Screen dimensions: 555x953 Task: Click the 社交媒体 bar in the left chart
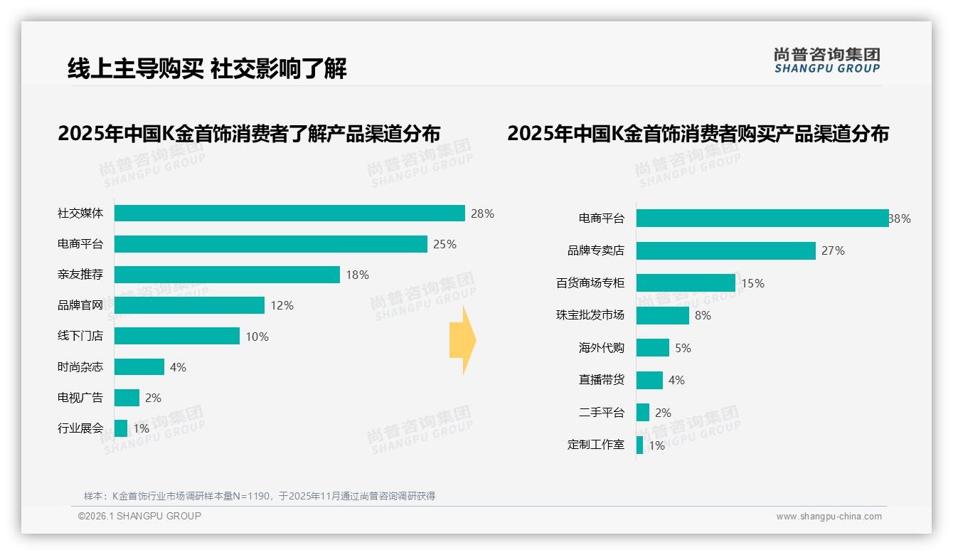[x=289, y=213]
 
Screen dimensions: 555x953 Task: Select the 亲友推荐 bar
[x=227, y=275]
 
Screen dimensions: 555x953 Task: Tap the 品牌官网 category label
[x=80, y=305]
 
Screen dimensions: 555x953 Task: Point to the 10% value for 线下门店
[x=257, y=337]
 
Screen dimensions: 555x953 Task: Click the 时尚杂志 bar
[x=139, y=367]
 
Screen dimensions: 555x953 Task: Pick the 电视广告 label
[x=80, y=398]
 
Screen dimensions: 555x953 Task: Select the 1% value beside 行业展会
[x=141, y=428]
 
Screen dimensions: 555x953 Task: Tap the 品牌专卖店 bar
[x=725, y=250]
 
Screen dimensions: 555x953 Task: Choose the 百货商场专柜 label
[x=590, y=283]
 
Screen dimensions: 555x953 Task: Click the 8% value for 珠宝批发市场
[x=703, y=315]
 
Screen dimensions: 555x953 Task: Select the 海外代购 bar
[x=652, y=348]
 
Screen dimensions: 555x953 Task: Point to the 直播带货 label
[x=602, y=381]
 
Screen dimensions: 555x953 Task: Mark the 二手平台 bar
[x=643, y=413]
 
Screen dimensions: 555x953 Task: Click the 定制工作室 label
[x=596, y=445]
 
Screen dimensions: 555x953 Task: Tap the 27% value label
[x=833, y=250]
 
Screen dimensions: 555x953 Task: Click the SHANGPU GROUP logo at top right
[x=826, y=60]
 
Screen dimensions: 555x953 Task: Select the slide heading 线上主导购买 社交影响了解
[x=207, y=68]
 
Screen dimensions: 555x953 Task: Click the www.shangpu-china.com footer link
[x=829, y=517]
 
